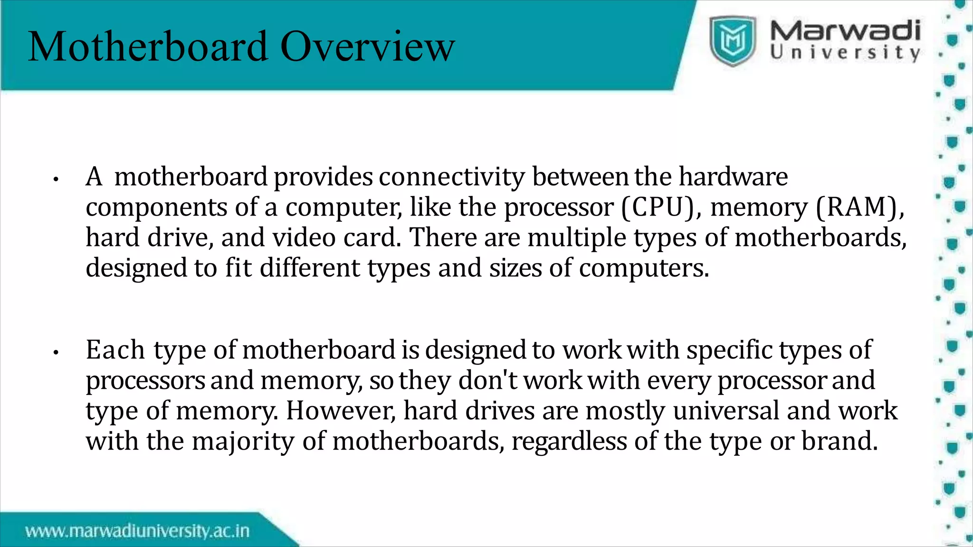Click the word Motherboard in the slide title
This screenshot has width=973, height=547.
pyautogui.click(x=148, y=47)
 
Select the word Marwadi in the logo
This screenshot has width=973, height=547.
pyautogui.click(x=845, y=31)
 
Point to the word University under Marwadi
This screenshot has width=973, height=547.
pyautogui.click(x=845, y=52)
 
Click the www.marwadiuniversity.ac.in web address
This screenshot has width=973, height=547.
pyautogui.click(x=137, y=530)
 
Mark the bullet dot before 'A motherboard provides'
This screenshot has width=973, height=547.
pyautogui.click(x=56, y=179)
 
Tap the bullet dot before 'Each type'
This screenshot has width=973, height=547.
pyautogui.click(x=56, y=353)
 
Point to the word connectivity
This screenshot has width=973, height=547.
pyautogui.click(x=452, y=177)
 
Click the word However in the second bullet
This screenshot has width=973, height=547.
pyautogui.click(x=340, y=411)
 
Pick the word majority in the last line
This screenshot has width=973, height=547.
pyautogui.click(x=243, y=442)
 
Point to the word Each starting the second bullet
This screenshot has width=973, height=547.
pyautogui.click(x=115, y=350)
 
